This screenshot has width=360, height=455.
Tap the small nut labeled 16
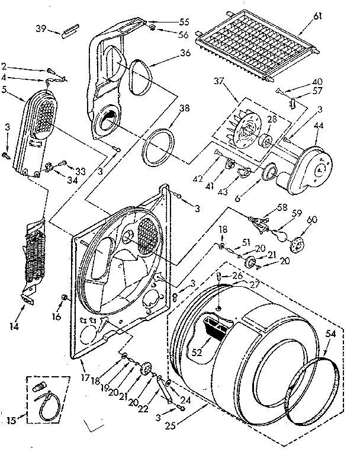[x=63, y=296]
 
